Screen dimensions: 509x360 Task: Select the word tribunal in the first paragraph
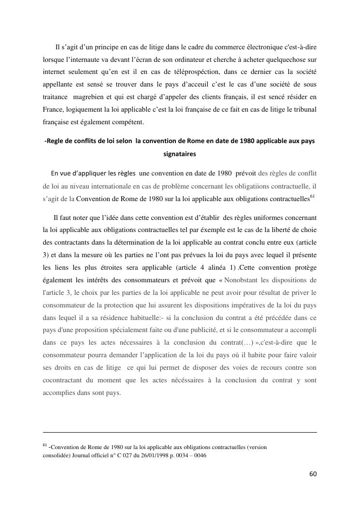tap(303, 110)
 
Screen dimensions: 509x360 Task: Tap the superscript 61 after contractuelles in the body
tap(312, 196)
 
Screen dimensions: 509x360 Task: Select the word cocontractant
tap(64, 381)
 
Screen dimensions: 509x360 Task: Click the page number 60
tap(313, 474)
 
